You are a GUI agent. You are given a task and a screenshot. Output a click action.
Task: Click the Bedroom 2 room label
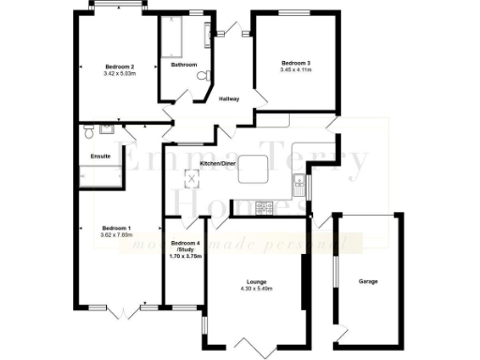tap(120, 67)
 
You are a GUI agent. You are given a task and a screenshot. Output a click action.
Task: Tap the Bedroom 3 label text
tap(295, 63)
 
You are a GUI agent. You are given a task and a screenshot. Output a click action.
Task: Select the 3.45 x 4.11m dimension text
tap(295, 70)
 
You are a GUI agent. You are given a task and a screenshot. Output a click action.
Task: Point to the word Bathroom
tap(184, 65)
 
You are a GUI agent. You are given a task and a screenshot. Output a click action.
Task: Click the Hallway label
tap(229, 98)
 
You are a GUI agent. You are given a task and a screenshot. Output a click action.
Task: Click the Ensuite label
tap(100, 155)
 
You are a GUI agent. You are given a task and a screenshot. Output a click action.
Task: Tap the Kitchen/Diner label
tap(231, 164)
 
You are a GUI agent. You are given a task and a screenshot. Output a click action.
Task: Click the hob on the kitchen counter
tap(265, 206)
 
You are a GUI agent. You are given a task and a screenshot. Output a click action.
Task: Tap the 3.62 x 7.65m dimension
tap(116, 235)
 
